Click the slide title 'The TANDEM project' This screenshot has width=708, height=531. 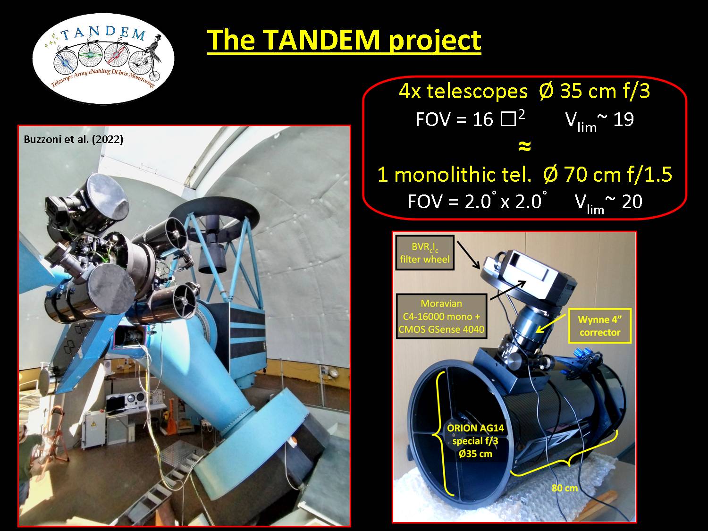[344, 40]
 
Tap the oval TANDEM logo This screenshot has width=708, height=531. [103, 59]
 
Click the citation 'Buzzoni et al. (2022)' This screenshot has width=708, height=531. [74, 139]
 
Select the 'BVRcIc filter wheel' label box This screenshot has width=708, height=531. [425, 253]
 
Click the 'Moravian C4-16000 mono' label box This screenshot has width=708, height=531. [441, 316]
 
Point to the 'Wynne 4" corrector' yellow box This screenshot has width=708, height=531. [599, 326]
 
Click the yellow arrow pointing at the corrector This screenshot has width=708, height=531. [551, 323]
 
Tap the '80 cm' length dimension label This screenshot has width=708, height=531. [565, 488]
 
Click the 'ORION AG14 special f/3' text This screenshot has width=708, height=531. [475, 434]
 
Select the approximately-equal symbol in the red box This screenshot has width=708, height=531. [524, 146]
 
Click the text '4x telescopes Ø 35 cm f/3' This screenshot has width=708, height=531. [524, 91]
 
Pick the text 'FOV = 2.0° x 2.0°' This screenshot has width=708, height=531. [477, 201]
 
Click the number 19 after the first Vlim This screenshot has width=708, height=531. [624, 120]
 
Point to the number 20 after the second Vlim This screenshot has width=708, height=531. [632, 202]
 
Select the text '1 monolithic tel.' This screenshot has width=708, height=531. [454, 175]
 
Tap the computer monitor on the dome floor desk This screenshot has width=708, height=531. [115, 405]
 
